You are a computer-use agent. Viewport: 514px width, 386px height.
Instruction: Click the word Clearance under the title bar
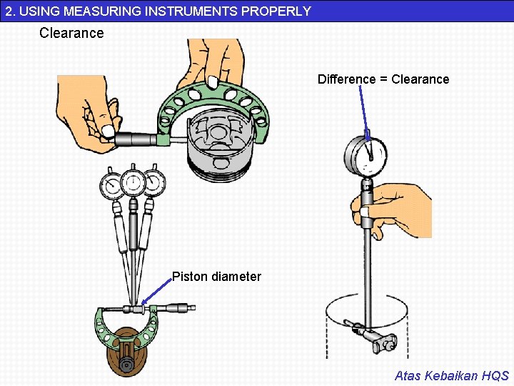coord(71,33)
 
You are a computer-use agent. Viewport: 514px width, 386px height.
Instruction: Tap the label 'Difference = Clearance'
coord(383,79)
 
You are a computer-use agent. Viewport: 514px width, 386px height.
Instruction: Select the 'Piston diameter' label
coord(216,277)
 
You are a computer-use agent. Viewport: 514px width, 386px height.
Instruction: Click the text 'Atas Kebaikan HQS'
coord(451,375)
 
